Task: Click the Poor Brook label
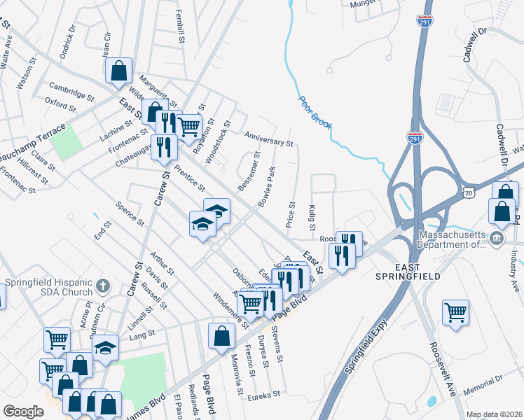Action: pyautogui.click(x=315, y=111)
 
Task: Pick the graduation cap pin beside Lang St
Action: pyautogui.click(x=105, y=347)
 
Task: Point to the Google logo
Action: pyautogui.click(x=23, y=411)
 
